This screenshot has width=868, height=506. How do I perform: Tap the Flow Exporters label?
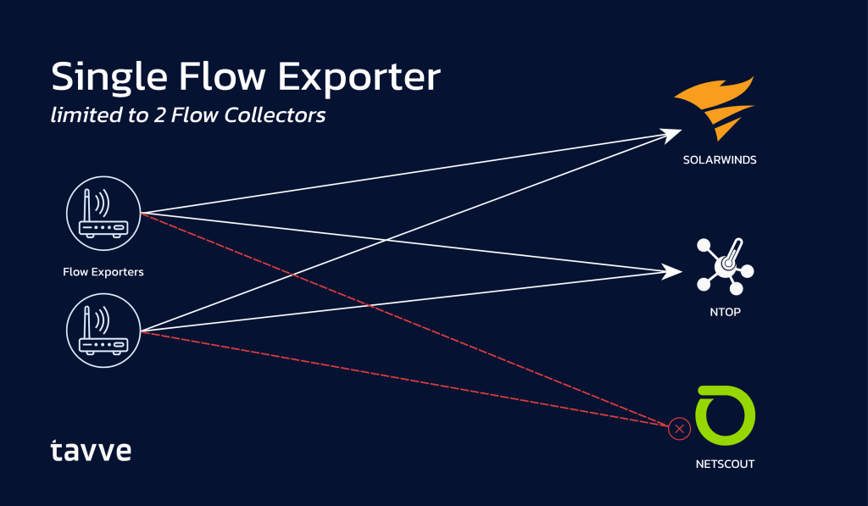[103, 272]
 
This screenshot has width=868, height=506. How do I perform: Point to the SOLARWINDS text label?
[719, 159]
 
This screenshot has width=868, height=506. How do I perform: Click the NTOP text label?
[725, 312]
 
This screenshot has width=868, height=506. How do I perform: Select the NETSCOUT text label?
[725, 464]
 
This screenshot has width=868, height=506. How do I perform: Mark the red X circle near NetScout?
[679, 429]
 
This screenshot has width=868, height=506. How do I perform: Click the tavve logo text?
[90, 450]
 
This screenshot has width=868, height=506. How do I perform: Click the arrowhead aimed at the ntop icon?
[674, 271]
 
